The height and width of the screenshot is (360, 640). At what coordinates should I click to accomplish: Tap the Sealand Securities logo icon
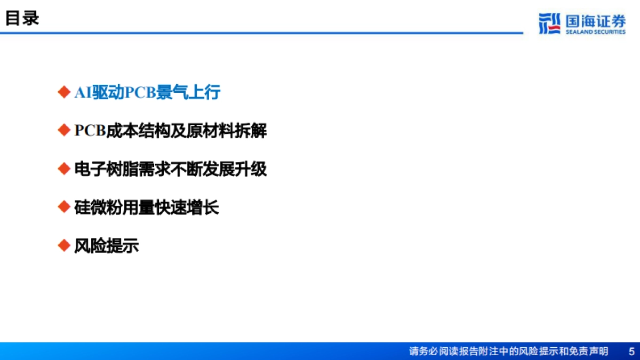pyautogui.click(x=549, y=23)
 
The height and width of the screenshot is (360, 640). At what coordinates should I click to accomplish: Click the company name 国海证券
pyautogui.click(x=595, y=21)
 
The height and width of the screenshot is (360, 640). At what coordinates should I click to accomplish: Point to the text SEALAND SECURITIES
pyautogui.click(x=595, y=32)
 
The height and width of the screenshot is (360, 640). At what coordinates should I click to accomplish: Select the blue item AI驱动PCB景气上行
pyautogui.click(x=147, y=92)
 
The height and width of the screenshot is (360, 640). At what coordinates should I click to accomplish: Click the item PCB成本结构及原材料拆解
pyautogui.click(x=171, y=131)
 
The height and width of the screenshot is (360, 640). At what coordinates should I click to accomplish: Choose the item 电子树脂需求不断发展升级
pyautogui.click(x=171, y=169)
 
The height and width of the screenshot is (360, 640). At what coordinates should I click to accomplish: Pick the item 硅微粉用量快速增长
pyautogui.click(x=147, y=207)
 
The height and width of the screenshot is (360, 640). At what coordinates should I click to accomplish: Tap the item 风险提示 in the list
pyautogui.click(x=107, y=246)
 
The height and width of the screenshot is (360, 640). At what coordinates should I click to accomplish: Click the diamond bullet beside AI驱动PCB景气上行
pyautogui.click(x=64, y=92)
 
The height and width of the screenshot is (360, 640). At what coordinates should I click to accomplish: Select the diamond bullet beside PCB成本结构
pyautogui.click(x=64, y=130)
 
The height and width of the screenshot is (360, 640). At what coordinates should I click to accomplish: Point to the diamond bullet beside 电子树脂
pyautogui.click(x=64, y=169)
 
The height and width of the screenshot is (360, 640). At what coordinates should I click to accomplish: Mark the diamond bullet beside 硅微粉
pyautogui.click(x=64, y=207)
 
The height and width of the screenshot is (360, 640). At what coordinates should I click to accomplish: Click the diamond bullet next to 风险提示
pyautogui.click(x=64, y=245)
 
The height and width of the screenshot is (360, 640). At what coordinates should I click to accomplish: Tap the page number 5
pyautogui.click(x=631, y=351)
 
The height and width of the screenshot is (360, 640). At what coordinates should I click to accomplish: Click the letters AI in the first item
pyautogui.click(x=82, y=92)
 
